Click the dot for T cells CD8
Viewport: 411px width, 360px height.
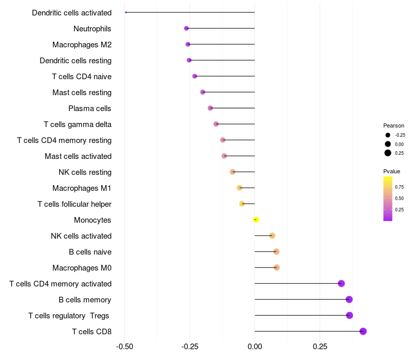(x=363, y=331)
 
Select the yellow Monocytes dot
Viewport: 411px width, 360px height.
(x=256, y=220)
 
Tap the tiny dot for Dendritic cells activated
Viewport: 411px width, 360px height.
(x=126, y=12)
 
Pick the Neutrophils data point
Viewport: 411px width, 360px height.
(x=186, y=28)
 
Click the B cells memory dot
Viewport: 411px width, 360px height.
(x=349, y=299)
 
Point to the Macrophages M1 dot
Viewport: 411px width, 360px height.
(x=239, y=188)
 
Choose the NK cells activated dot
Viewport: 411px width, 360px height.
(x=272, y=236)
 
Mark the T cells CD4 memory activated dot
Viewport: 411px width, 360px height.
(x=341, y=283)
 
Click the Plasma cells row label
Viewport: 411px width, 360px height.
(x=90, y=109)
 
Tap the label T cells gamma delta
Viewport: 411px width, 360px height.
(x=78, y=124)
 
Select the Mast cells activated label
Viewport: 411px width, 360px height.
(x=78, y=156)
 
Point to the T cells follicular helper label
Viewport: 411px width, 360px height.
(x=74, y=204)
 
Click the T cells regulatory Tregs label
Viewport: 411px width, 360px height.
(x=69, y=315)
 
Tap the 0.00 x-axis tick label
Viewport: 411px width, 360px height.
(x=255, y=347)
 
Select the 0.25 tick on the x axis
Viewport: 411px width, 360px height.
(x=320, y=347)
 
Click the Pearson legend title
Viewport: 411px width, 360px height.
(x=394, y=125)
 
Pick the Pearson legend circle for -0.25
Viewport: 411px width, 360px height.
(x=387, y=135)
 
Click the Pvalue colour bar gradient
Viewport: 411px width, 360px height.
(x=387, y=199)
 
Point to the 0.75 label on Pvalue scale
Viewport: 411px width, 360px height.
(x=399, y=187)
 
